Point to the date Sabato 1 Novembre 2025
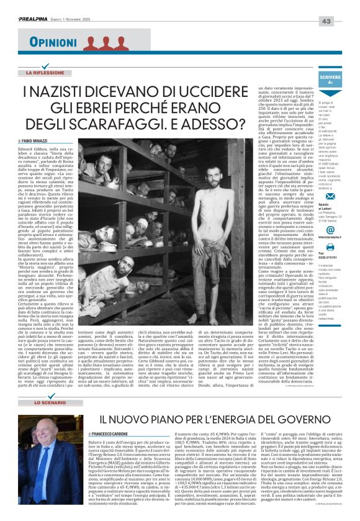94,7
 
